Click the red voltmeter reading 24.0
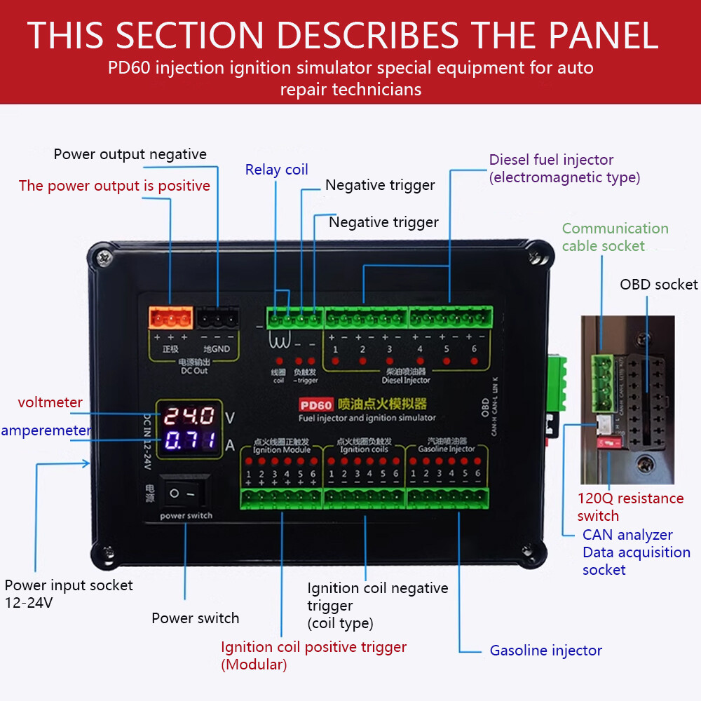pos(189,416)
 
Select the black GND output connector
pos(217,319)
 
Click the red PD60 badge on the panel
pos(315,404)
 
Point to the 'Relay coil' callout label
pos(276,170)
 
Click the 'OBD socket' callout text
pos(658,284)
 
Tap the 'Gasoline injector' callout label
pos(545,651)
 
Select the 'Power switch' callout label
pos(195,618)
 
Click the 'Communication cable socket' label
pos(614,237)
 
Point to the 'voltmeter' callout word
pos(50,402)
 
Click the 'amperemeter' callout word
pos(46,430)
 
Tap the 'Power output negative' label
pos(130,154)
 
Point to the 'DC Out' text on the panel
pos(194,370)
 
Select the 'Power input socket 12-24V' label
pos(68,593)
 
